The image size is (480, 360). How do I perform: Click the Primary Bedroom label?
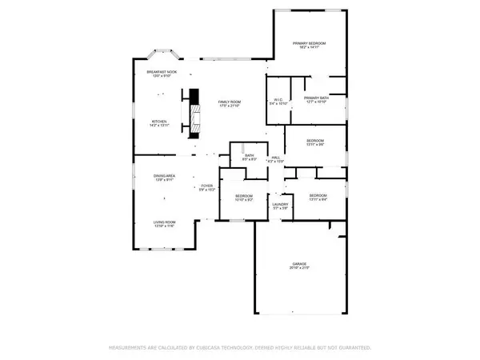point(312,42)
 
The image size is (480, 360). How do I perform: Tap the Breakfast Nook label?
point(162,72)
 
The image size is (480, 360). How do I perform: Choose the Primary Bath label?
point(316,98)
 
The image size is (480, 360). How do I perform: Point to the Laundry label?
point(279,205)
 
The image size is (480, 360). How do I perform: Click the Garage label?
point(300,263)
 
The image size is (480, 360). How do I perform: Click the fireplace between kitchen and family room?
point(192,110)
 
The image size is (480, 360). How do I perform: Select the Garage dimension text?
point(300,268)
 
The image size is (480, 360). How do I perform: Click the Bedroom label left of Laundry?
point(244,196)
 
